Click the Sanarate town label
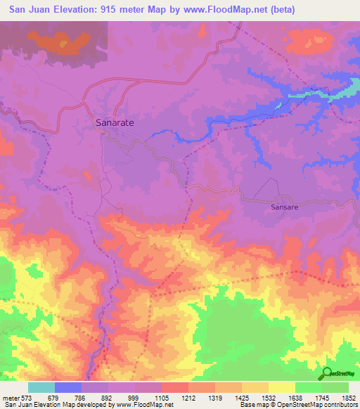(x=115, y=122)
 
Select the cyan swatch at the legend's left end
(x=41, y=387)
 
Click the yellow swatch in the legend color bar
(x=281, y=387)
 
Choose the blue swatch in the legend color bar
(x=67, y=387)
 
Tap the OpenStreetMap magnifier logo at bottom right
(x=328, y=373)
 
